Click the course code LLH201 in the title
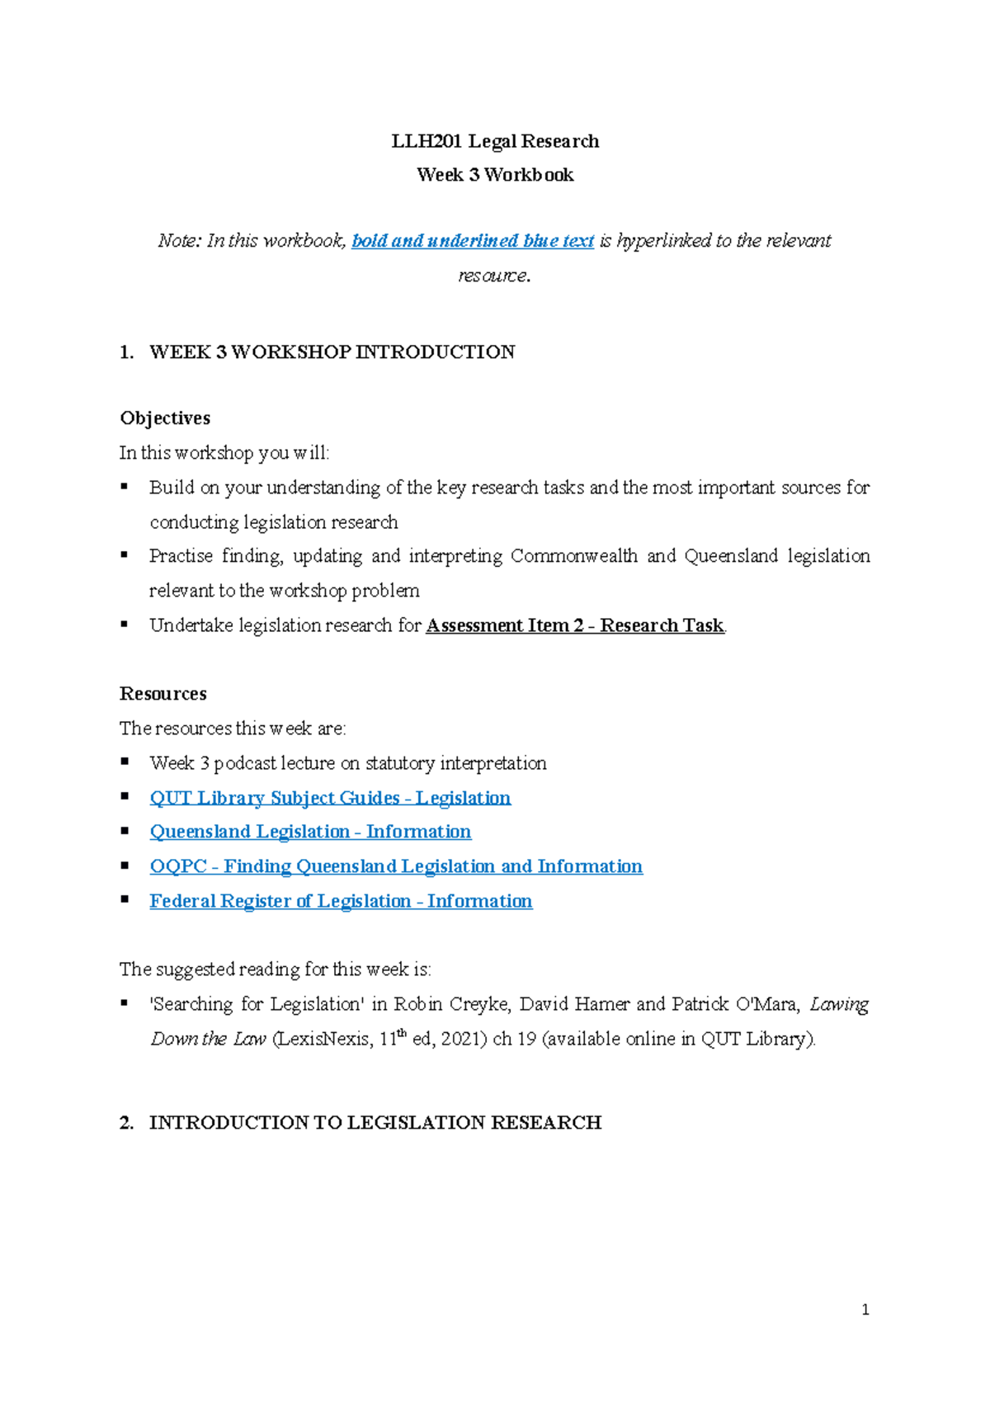(426, 141)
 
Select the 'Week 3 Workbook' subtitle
(495, 175)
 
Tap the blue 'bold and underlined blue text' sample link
(473, 241)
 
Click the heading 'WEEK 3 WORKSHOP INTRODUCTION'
(332, 352)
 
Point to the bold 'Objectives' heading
(165, 418)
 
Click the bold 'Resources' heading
(163, 694)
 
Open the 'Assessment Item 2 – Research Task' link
(575, 625)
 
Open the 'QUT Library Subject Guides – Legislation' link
(330, 798)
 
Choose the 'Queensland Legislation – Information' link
(310, 832)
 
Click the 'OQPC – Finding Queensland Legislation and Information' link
(396, 866)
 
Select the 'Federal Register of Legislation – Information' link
(341, 901)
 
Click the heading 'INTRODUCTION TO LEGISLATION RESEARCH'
(375, 1123)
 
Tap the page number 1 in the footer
(865, 1309)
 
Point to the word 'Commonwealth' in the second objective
(573, 556)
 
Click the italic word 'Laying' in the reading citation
(839, 1004)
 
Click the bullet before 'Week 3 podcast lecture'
(125, 762)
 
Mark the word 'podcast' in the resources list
(245, 763)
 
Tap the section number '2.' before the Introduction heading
(127, 1123)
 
